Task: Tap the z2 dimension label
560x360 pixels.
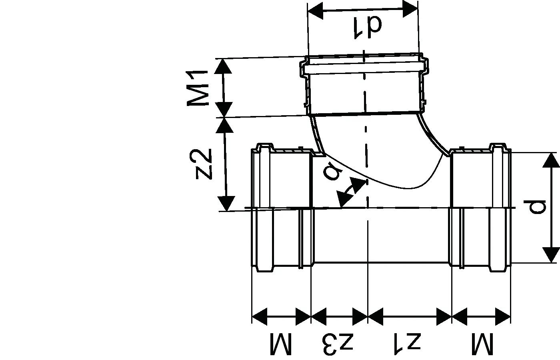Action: [x=204, y=164]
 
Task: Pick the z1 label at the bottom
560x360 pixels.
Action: [x=408, y=344]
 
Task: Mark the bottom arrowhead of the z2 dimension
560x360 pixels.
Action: [x=226, y=204]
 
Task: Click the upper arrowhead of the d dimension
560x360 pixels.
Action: [x=551, y=160]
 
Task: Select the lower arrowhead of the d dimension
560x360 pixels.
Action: [x=552, y=255]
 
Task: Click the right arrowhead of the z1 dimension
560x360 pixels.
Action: [x=444, y=316]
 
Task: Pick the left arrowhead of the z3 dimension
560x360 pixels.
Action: [x=319, y=316]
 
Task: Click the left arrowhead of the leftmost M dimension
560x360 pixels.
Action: [x=260, y=316]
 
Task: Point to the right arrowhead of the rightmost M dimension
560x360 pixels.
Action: [x=503, y=316]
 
